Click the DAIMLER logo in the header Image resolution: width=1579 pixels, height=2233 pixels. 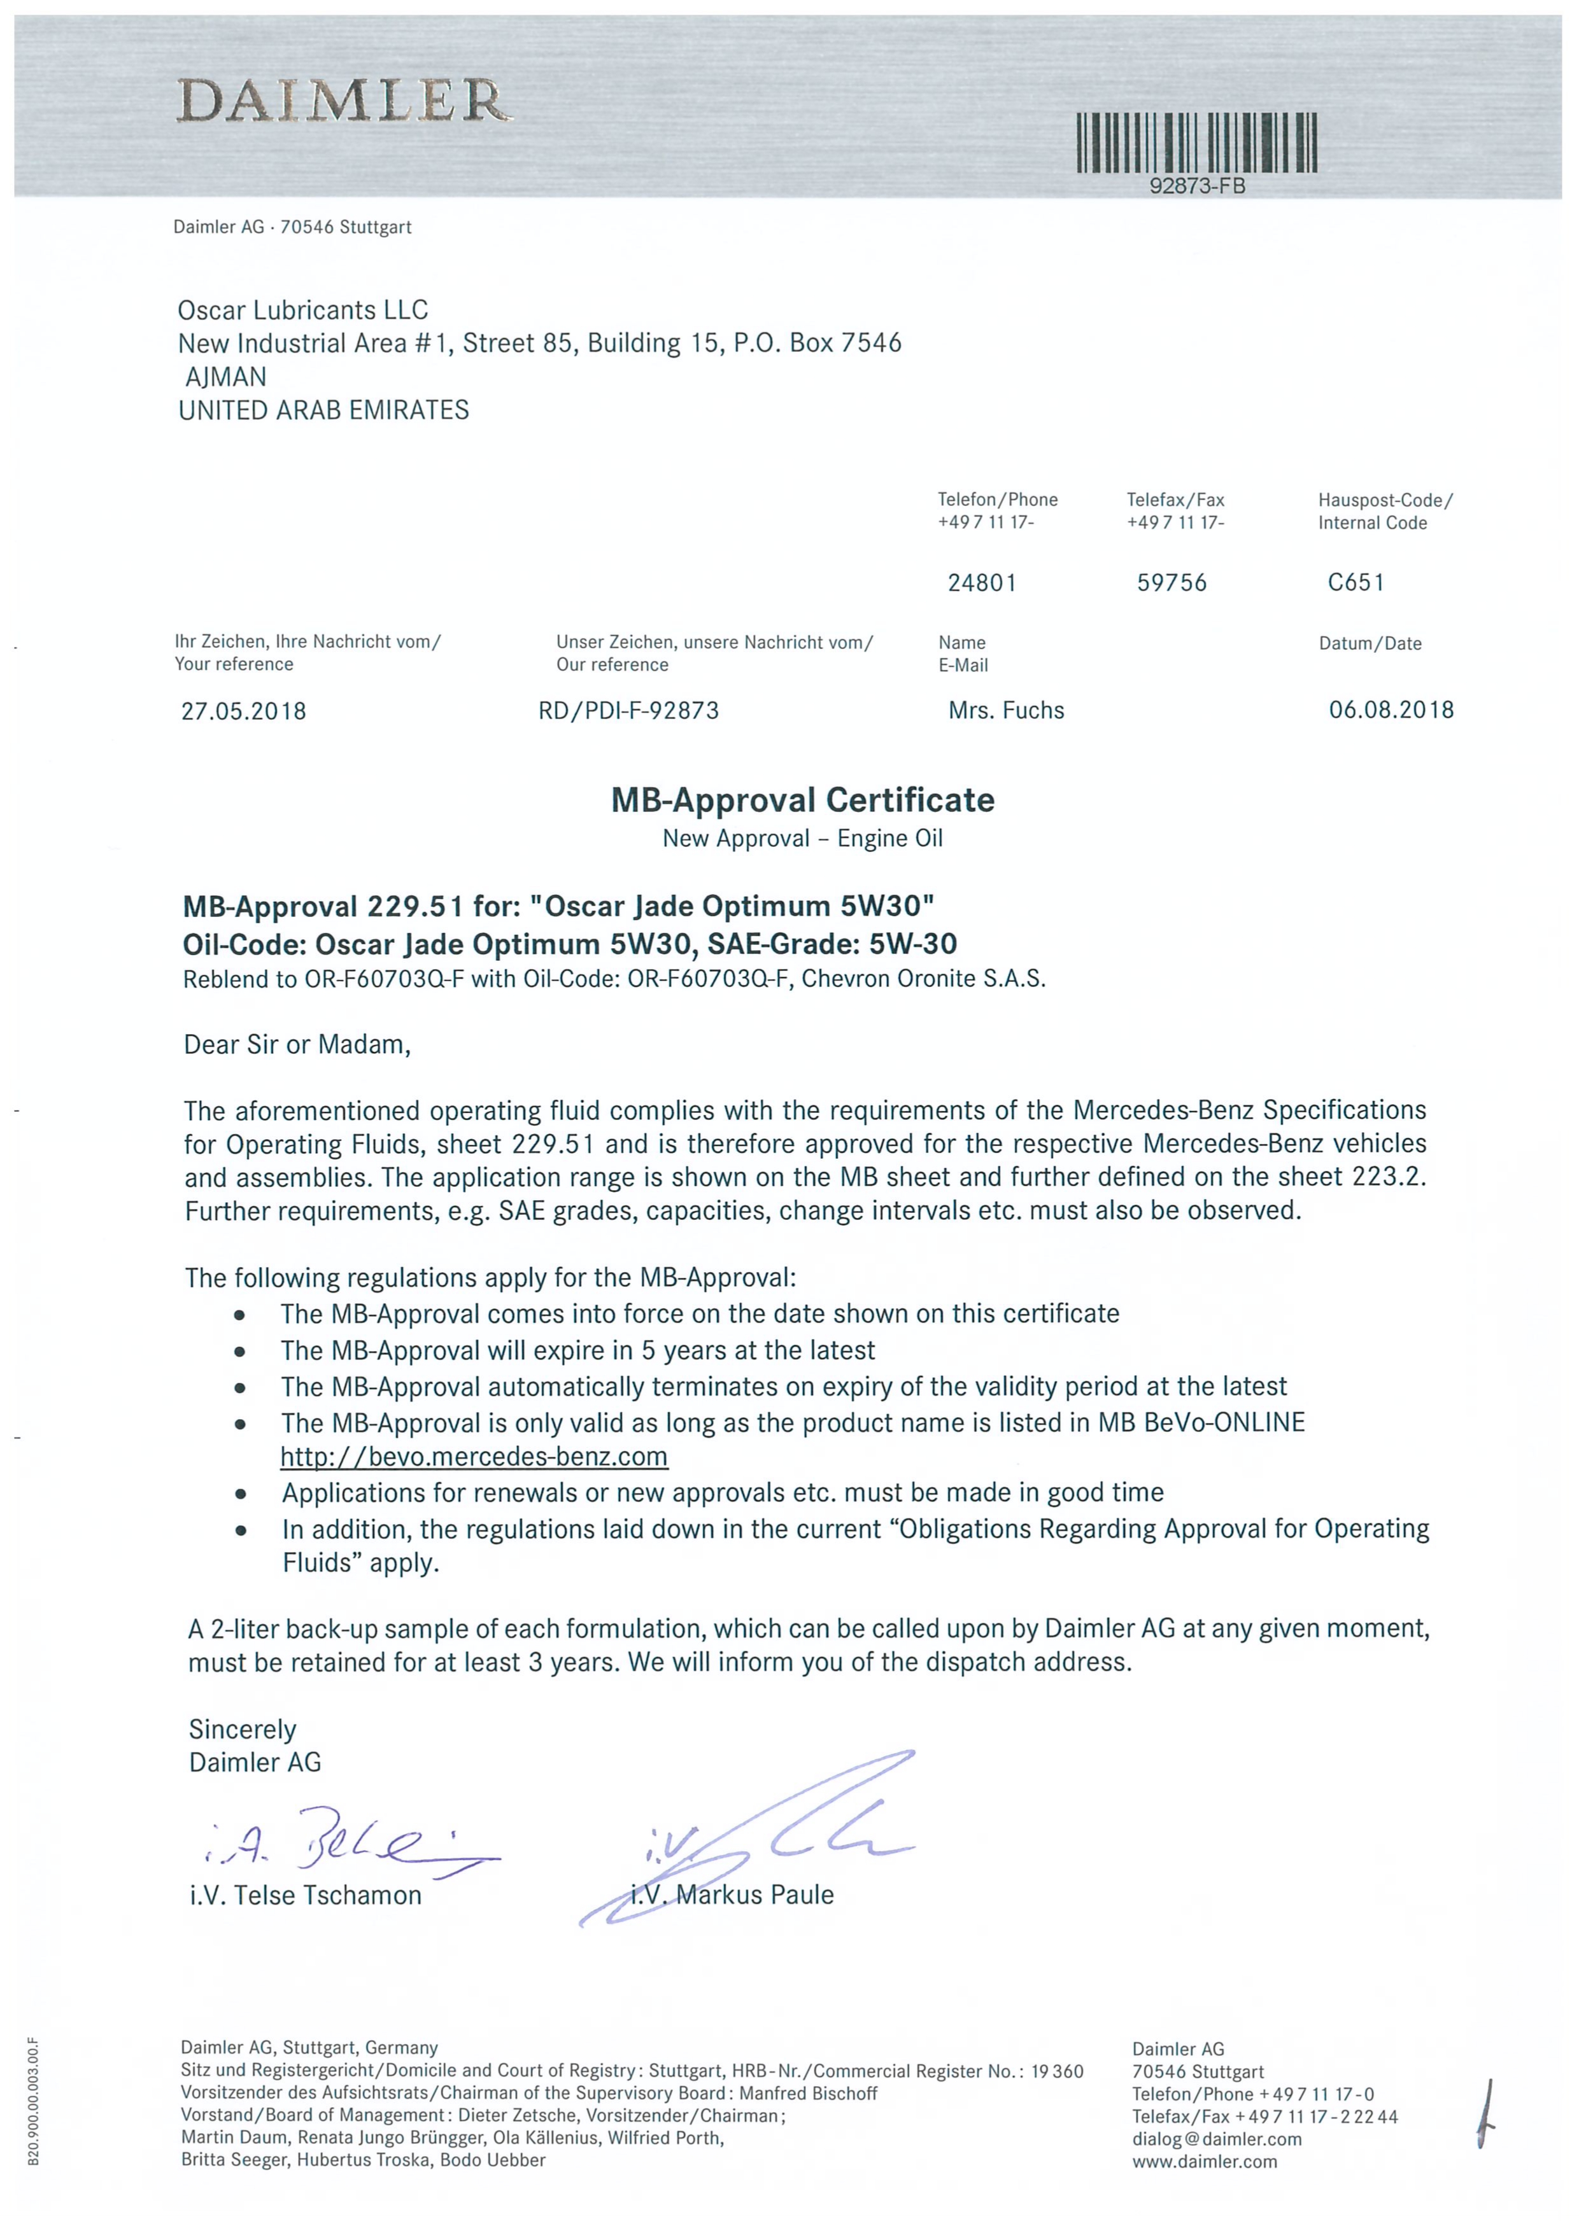[x=343, y=101]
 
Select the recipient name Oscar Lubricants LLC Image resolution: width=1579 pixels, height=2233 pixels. [x=302, y=311]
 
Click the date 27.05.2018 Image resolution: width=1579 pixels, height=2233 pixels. [x=243, y=711]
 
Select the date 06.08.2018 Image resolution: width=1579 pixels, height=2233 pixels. [x=1391, y=710]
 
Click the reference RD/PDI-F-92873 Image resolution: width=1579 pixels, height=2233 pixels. [x=628, y=711]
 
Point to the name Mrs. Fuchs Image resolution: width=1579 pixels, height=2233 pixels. [x=1006, y=711]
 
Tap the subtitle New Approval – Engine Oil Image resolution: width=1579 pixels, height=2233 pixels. [x=803, y=838]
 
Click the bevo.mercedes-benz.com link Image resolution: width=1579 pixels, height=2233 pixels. [x=474, y=1457]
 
